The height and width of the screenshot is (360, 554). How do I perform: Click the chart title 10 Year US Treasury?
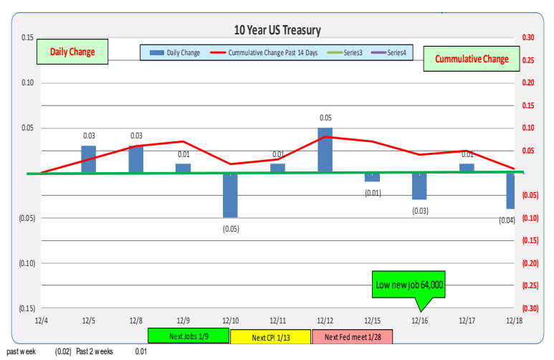click(277, 30)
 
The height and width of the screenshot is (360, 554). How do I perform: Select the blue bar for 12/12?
click(325, 151)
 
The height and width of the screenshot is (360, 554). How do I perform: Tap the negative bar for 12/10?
click(230, 195)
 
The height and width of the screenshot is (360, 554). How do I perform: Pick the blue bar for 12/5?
click(88, 159)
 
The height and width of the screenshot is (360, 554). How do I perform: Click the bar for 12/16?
click(419, 186)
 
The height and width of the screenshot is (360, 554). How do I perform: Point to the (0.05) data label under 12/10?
click(231, 229)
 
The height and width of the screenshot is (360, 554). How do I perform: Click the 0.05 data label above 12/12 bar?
click(325, 118)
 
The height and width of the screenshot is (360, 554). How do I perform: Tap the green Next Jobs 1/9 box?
click(188, 336)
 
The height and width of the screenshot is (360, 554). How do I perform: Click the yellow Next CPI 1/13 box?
click(271, 336)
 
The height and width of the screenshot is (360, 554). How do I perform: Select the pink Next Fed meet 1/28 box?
click(352, 336)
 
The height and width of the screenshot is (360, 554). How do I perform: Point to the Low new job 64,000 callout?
click(409, 285)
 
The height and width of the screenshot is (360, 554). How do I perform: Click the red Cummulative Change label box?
click(471, 59)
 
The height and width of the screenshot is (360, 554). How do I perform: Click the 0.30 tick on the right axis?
click(529, 37)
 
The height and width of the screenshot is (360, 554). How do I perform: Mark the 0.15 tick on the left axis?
click(27, 37)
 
